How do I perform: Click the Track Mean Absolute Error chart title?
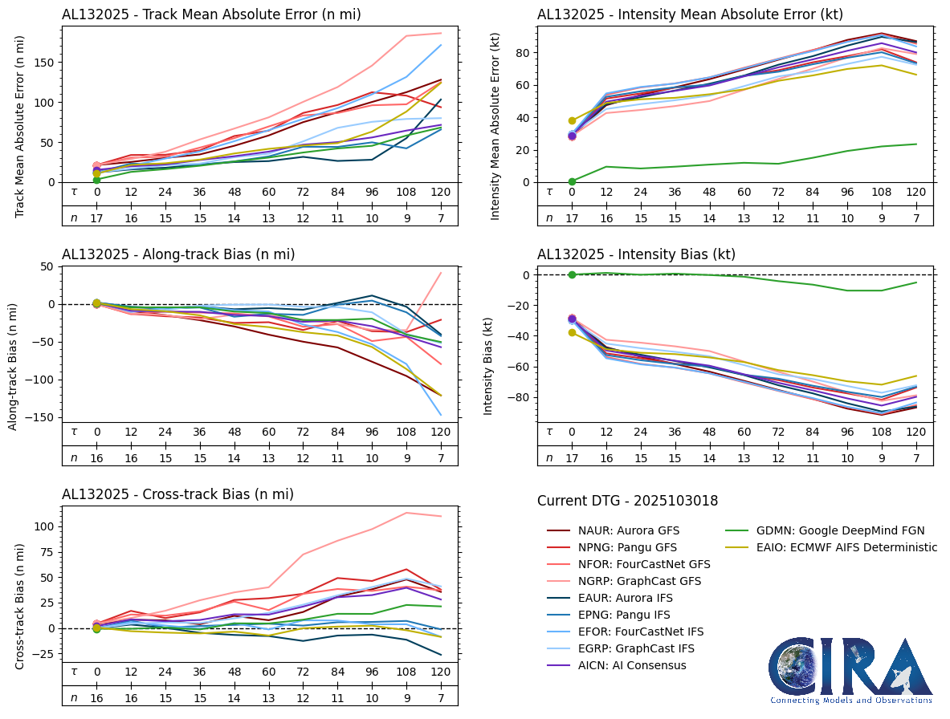pos(211,14)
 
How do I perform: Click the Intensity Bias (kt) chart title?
pos(636,254)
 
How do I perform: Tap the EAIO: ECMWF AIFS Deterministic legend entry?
pos(836,547)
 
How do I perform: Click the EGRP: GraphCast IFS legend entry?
pos(636,648)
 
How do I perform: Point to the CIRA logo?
pos(850,669)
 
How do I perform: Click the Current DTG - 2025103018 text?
pos(627,502)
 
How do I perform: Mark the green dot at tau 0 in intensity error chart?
pos(572,181)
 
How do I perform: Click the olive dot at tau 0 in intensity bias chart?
pos(572,332)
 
